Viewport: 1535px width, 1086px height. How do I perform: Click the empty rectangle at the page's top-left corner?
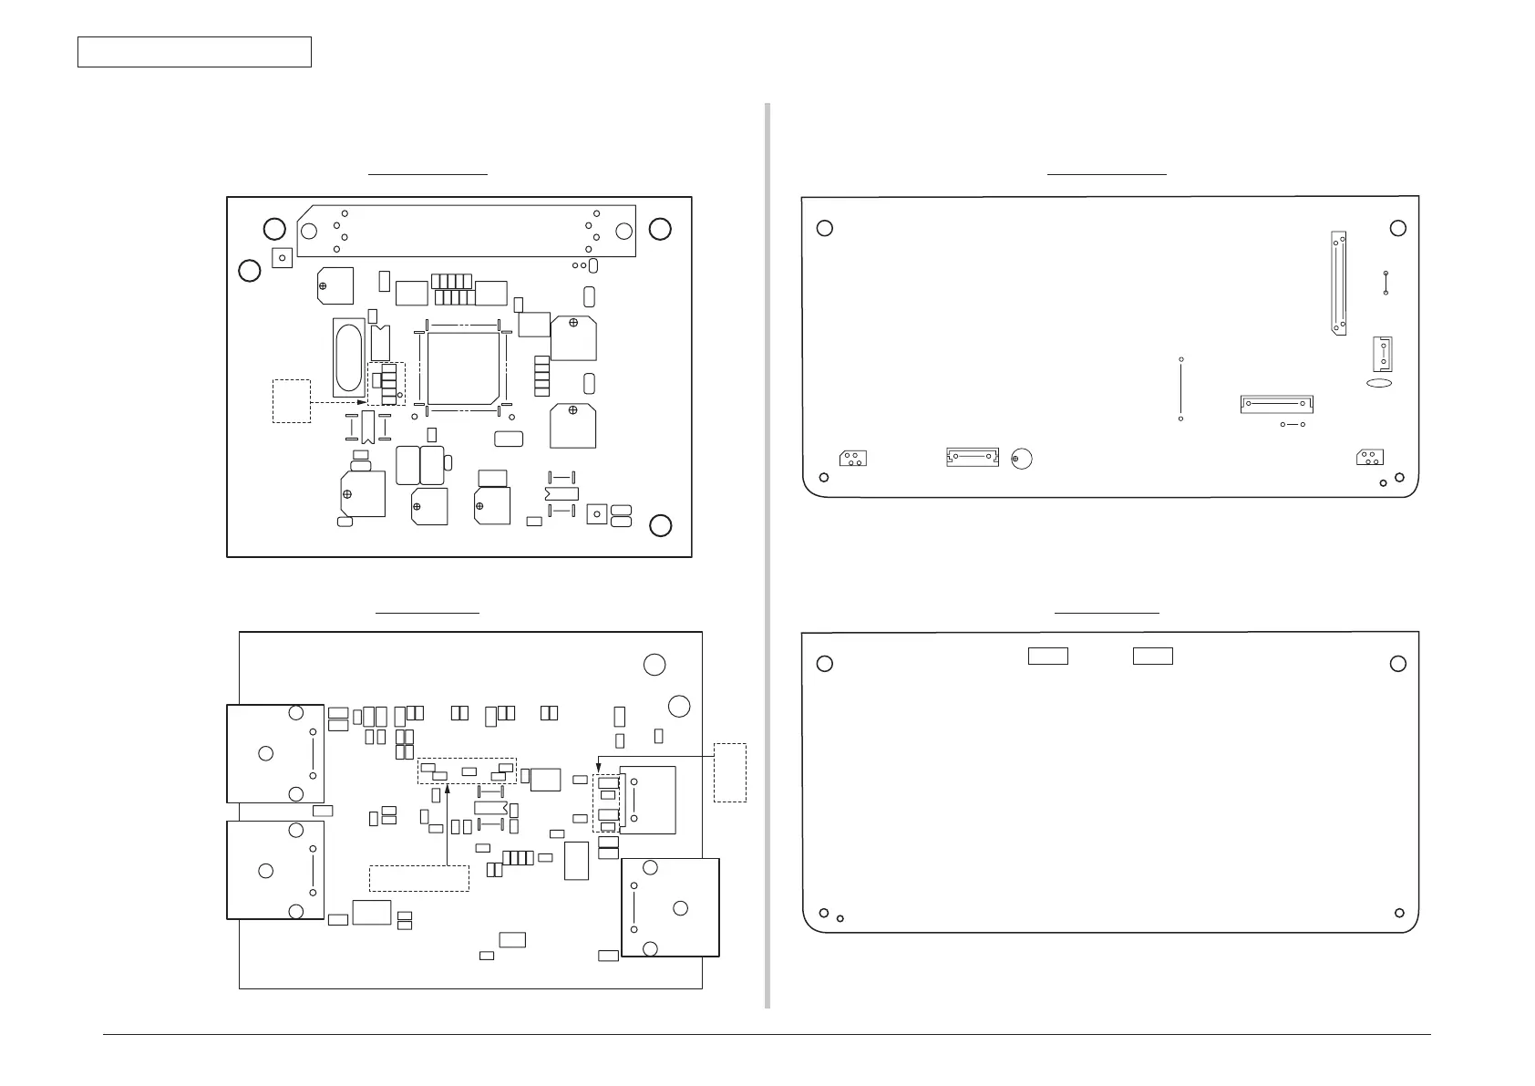[x=194, y=52]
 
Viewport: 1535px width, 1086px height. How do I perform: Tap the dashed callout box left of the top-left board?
[x=292, y=400]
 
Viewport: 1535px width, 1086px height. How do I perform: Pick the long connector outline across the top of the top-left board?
[x=466, y=231]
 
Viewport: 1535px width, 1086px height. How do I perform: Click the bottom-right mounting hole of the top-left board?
[x=661, y=525]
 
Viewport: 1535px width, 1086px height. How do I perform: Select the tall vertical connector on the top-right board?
[x=1338, y=284]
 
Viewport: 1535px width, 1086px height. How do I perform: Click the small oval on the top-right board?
[x=1379, y=384]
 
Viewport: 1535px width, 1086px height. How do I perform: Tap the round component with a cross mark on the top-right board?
[x=1022, y=460]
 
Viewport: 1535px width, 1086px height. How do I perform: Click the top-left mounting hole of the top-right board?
[x=825, y=228]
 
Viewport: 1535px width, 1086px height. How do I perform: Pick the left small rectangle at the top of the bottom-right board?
[x=1047, y=656]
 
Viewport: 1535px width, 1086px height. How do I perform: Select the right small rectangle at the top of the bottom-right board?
[x=1152, y=656]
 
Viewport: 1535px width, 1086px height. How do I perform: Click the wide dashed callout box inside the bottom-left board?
[x=418, y=878]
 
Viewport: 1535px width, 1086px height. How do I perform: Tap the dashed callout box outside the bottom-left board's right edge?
[x=729, y=772]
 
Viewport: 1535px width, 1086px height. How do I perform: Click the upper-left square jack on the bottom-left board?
[x=275, y=753]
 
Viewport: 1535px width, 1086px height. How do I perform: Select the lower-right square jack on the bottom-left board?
[x=670, y=907]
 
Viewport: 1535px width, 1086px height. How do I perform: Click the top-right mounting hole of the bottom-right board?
[x=1398, y=664]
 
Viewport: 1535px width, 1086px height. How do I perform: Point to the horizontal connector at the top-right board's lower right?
[x=1276, y=403]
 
